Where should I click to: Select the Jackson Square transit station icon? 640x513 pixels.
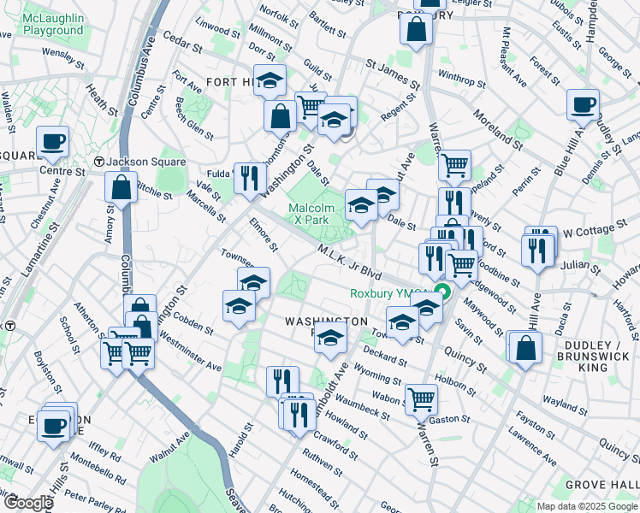coord(99,162)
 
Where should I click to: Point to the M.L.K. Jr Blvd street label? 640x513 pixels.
coord(348,260)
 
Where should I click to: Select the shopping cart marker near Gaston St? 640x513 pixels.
coord(420,397)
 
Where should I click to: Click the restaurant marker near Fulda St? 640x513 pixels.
coord(249,177)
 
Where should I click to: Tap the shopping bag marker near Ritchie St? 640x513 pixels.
coord(121,187)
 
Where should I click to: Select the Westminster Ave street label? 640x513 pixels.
coord(190,354)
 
